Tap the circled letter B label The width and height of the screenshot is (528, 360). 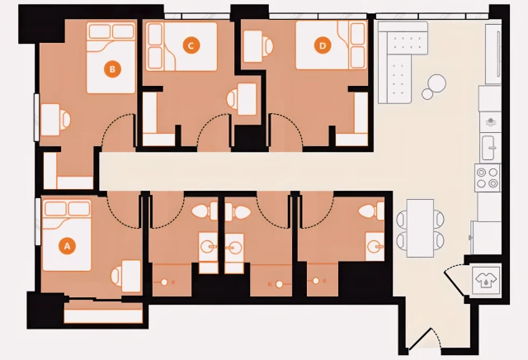click(x=111, y=69)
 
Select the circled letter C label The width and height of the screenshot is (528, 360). click(x=191, y=45)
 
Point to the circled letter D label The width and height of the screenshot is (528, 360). click(x=323, y=45)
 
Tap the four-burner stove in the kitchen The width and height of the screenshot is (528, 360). click(x=488, y=176)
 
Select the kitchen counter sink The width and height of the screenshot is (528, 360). click(x=489, y=149)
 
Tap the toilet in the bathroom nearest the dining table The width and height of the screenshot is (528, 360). click(x=376, y=212)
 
